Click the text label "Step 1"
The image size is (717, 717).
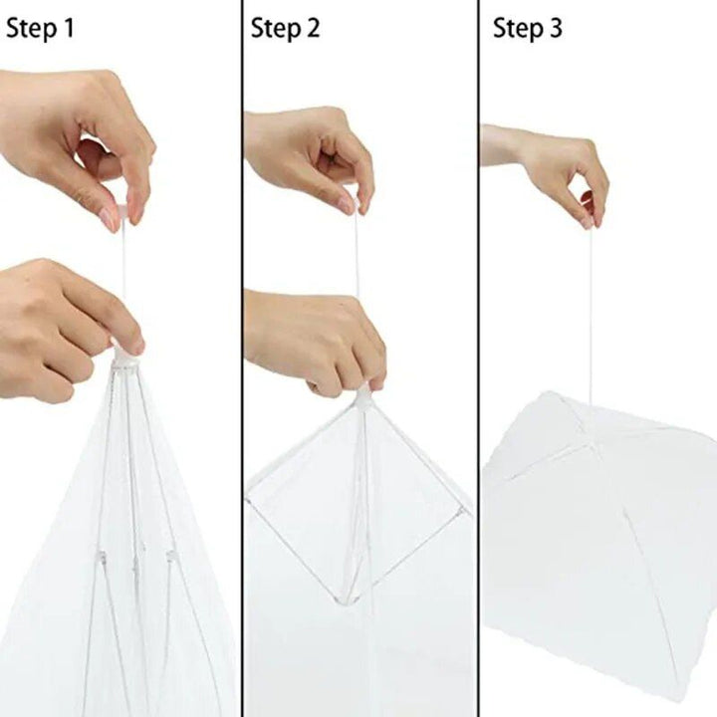40,29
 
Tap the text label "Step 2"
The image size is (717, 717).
286,29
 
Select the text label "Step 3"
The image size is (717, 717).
528,29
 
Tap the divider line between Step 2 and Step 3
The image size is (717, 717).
478,358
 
